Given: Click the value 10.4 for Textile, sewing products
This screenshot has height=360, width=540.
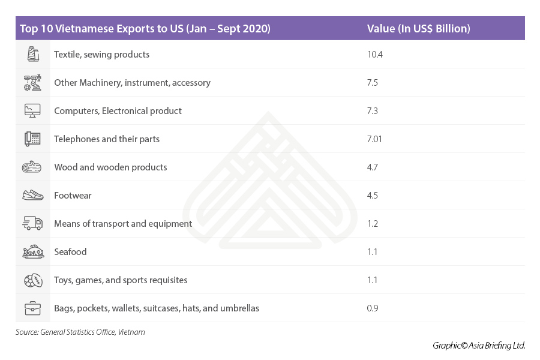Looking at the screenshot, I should click(374, 55).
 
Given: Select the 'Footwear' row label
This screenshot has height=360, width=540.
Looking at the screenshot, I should click(73, 196).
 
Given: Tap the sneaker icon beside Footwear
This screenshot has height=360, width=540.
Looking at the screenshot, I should click(32, 196).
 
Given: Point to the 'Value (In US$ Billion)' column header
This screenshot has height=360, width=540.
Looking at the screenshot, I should click(418, 29).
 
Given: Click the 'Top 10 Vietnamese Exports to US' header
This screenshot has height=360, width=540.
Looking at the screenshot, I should click(145, 29).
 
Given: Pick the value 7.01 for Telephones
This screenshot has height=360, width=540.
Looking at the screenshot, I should click(374, 139).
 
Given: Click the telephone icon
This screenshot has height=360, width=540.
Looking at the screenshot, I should click(32, 139).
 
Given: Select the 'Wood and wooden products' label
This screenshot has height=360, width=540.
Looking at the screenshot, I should click(110, 167).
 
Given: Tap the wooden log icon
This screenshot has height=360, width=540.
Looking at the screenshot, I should click(32, 167).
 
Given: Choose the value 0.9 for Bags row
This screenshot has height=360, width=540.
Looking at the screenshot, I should click(373, 308).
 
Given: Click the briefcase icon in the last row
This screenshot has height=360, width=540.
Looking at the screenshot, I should click(32, 308).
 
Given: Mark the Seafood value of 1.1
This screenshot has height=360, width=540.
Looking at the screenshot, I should click(372, 252).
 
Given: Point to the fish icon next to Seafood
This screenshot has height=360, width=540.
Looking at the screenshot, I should click(32, 252).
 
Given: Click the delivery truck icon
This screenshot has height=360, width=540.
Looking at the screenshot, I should click(32, 224).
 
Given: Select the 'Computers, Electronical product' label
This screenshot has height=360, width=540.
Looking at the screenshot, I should click(118, 111).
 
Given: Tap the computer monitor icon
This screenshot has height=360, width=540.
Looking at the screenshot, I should click(32, 111).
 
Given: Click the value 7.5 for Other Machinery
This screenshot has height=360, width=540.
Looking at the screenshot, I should click(372, 83).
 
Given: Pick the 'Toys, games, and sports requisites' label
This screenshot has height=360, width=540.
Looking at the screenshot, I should click(121, 280).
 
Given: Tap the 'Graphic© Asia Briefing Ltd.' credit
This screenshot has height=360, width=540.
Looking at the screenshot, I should click(479, 345).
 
